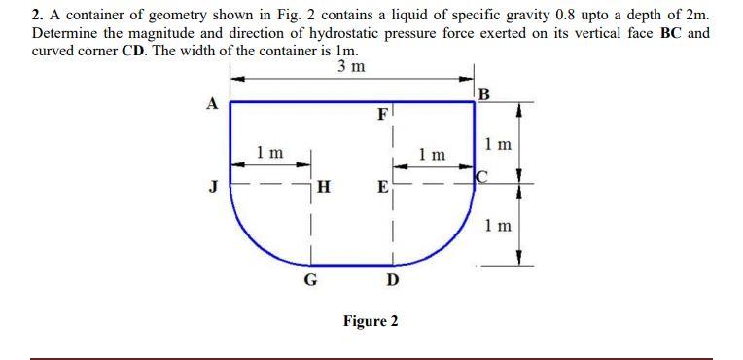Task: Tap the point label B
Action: point(484,93)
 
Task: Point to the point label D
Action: point(391,280)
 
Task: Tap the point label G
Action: point(310,280)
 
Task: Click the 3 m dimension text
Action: point(351,67)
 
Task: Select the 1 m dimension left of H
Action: point(269,153)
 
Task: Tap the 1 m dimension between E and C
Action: point(431,155)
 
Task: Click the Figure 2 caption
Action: point(370,321)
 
